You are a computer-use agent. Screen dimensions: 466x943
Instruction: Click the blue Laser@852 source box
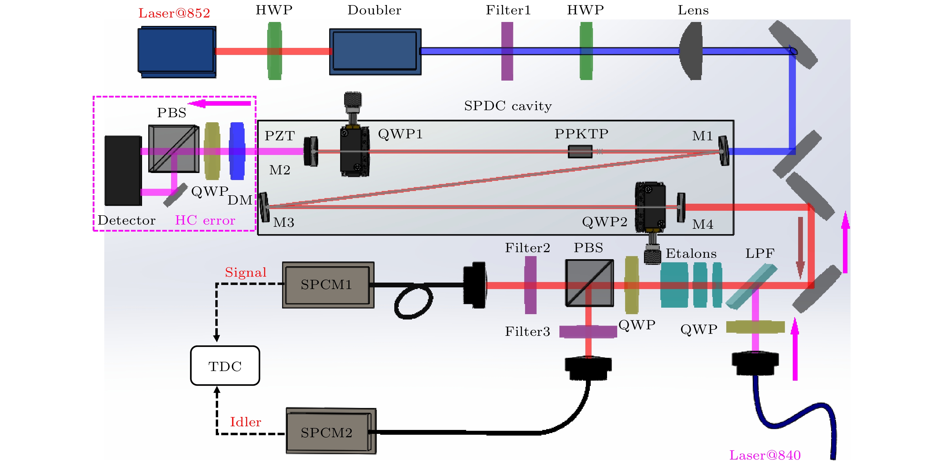pyautogui.click(x=176, y=51)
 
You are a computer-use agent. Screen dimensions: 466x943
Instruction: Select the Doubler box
pyautogui.click(x=375, y=52)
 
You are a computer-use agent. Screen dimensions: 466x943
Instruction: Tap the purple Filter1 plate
pyautogui.click(x=507, y=51)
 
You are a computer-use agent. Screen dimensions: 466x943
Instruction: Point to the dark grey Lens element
pyautogui.click(x=692, y=51)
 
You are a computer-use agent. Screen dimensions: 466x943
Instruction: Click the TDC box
pyautogui.click(x=225, y=366)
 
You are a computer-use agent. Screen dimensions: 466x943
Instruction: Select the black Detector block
pyautogui.click(x=123, y=170)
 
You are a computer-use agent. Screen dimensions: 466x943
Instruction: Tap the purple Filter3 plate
pyautogui.click(x=588, y=331)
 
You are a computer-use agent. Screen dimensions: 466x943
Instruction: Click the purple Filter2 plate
pyautogui.click(x=530, y=285)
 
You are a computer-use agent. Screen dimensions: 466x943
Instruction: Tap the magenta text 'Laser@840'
pyautogui.click(x=765, y=455)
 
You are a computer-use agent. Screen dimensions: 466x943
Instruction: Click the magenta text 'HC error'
pyautogui.click(x=205, y=220)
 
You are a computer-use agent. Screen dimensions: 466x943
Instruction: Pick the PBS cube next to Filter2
pyautogui.click(x=589, y=283)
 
